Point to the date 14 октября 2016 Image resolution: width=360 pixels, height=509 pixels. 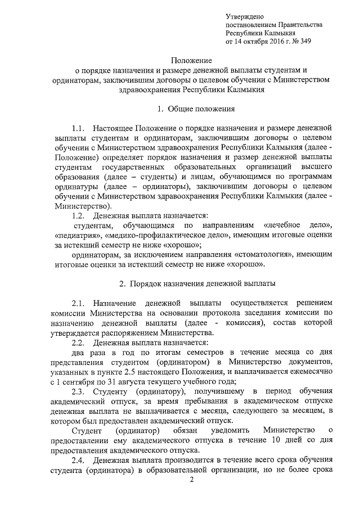pyautogui.click(x=261, y=41)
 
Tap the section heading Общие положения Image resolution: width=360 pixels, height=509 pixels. pyautogui.click(x=197, y=109)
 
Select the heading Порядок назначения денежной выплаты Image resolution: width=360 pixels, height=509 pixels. pyautogui.click(x=197, y=284)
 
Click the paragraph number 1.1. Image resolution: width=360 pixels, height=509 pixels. pyautogui.click(x=80, y=128)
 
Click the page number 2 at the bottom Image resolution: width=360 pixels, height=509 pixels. pyautogui.click(x=191, y=480)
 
